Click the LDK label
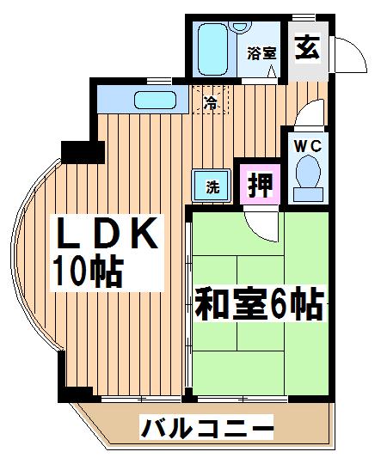107,233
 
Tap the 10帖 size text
88,272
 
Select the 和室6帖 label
259,304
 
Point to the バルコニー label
206,427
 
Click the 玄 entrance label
307,47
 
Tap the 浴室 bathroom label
262,53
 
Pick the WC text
308,146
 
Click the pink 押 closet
260,185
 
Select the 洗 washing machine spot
211,186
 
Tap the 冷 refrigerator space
211,100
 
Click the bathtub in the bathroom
212,50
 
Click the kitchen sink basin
156,100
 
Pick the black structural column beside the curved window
83,152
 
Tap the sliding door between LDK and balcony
141,399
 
